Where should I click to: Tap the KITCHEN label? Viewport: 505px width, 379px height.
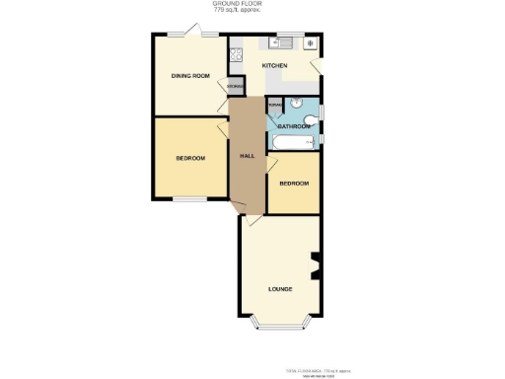(x=275, y=65)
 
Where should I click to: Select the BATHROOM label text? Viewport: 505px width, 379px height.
(x=293, y=127)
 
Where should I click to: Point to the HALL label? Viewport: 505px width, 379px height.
(x=248, y=157)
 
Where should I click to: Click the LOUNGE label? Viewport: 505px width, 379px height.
(x=280, y=289)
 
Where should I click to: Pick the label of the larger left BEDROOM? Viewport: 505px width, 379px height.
(x=190, y=158)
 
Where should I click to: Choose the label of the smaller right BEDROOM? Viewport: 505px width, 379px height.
(x=294, y=184)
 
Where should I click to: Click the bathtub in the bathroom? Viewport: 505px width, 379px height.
(x=294, y=144)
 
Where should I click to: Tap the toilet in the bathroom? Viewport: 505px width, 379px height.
(x=312, y=121)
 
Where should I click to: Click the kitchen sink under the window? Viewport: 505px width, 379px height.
(x=279, y=43)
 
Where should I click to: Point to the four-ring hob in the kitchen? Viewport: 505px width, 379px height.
(x=236, y=55)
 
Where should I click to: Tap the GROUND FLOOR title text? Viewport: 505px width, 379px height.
(x=233, y=4)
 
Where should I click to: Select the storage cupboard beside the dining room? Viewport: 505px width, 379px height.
(x=235, y=87)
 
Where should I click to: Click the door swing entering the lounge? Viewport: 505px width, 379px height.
(x=254, y=223)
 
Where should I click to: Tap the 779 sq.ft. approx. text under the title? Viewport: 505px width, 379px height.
(x=233, y=11)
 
